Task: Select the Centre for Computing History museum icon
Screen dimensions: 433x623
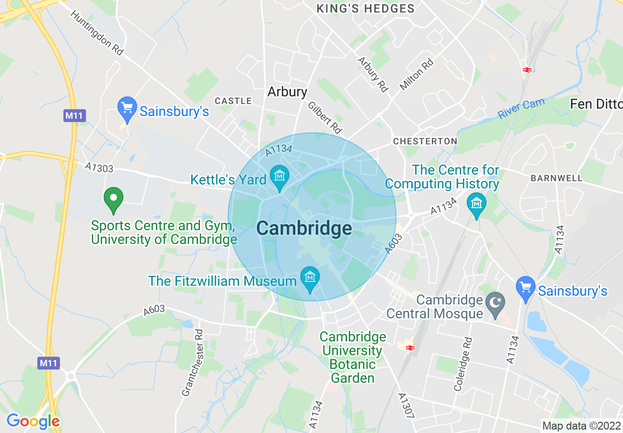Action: [476, 203]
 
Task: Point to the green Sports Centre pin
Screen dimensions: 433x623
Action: [113, 199]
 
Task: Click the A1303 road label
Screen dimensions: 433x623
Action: [99, 168]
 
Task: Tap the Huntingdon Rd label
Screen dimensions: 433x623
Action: [96, 33]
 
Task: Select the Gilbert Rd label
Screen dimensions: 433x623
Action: [324, 118]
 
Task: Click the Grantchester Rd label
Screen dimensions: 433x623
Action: [193, 363]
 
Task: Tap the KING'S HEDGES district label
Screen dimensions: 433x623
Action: [366, 8]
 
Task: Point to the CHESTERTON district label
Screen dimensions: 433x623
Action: [425, 141]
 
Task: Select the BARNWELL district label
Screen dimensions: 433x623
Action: [556, 178]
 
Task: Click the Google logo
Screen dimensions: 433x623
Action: [33, 421]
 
